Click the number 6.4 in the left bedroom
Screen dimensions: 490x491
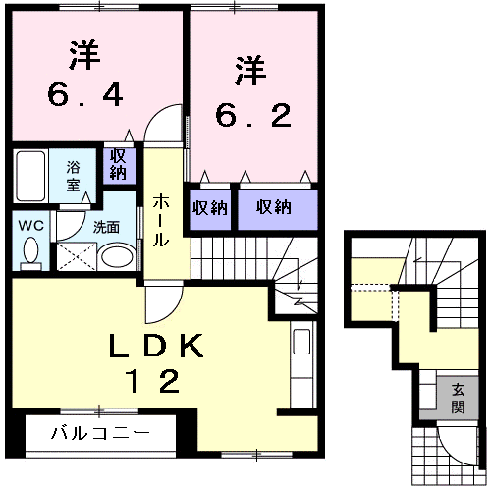[x=84, y=95]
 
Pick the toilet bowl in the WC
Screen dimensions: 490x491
[x=30, y=253]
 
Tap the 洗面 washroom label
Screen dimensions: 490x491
[x=106, y=226]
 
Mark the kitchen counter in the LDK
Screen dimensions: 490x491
[x=300, y=368]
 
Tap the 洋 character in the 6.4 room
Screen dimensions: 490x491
[x=84, y=55]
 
